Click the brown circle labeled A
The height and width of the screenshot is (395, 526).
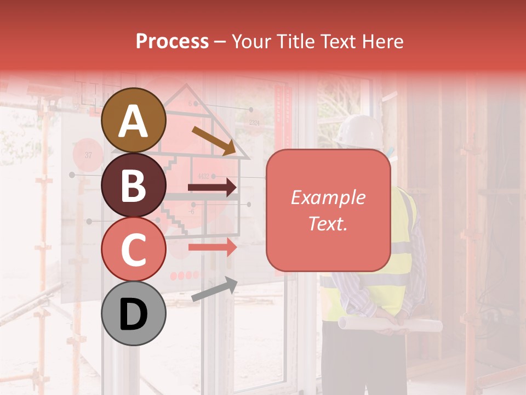pyautogui.click(x=133, y=120)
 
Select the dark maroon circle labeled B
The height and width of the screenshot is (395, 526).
pyautogui.click(x=133, y=185)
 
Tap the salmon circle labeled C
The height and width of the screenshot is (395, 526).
pyautogui.click(x=133, y=249)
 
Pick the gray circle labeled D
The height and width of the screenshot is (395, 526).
pyautogui.click(x=133, y=314)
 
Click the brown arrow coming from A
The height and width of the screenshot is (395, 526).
pyautogui.click(x=214, y=140)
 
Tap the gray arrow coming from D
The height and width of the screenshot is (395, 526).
pyautogui.click(x=214, y=289)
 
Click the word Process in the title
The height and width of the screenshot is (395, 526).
pyautogui.click(x=172, y=41)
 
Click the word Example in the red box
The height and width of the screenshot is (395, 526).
pyautogui.click(x=328, y=198)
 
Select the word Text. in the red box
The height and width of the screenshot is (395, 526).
pyautogui.click(x=328, y=224)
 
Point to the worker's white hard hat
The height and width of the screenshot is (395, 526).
pyautogui.click(x=359, y=131)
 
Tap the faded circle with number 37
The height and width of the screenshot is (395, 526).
pyautogui.click(x=88, y=155)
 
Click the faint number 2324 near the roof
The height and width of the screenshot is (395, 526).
pyautogui.click(x=254, y=123)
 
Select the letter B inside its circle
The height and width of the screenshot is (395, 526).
pyautogui.click(x=133, y=185)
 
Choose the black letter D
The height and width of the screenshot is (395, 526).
pyautogui.click(x=133, y=314)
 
